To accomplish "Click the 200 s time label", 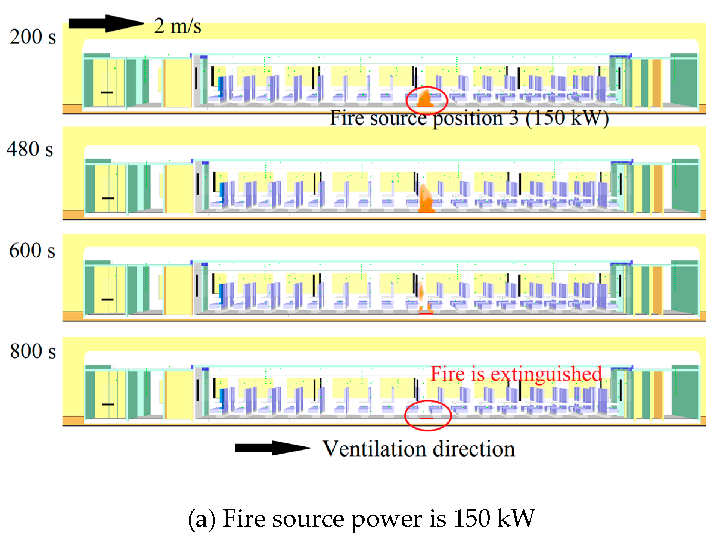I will point(33,36).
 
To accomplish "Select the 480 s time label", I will point(30,149).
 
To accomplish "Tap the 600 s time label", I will point(32,250).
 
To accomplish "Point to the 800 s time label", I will point(33,351).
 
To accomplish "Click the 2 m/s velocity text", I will point(177,26).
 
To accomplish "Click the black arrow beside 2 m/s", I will point(106,23).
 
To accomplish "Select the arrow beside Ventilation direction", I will point(272,448).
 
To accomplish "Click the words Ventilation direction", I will point(418,449).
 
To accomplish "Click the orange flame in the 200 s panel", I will point(425,99).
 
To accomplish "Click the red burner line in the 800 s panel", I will point(427,418).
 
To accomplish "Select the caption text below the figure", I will point(362,519).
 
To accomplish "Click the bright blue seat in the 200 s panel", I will point(221,86).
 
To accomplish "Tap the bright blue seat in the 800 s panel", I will point(222,398).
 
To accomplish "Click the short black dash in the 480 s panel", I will point(108,198).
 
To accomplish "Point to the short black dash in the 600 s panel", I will point(107,300).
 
